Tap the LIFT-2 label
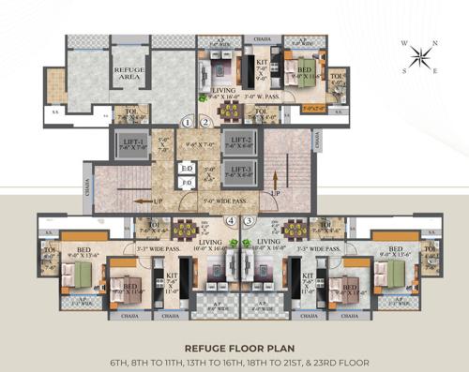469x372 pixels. coord(241,141)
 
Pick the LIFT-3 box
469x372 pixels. coord(241,171)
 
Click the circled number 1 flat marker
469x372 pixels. coord(188,122)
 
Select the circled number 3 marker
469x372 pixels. coord(250,222)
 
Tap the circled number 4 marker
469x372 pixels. coord(231,222)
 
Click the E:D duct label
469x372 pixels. coord(188,170)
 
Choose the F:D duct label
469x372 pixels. coord(188,183)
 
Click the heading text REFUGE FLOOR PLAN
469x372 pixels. coord(234,344)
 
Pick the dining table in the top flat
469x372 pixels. coord(229,111)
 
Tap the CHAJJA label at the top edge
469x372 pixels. coord(263,39)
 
